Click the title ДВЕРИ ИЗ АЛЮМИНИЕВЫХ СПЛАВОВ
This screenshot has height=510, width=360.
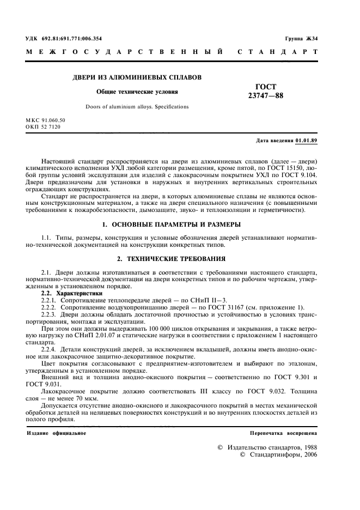click(x=137, y=77)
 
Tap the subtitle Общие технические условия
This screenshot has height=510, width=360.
click(x=137, y=92)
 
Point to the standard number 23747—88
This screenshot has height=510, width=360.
click(x=266, y=96)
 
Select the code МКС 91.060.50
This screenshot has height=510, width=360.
click(x=46, y=119)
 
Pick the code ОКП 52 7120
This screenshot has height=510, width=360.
click(x=44, y=126)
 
